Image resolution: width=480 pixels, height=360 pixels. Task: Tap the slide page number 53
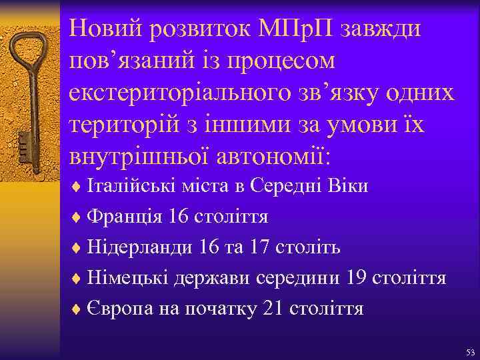(470, 351)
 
